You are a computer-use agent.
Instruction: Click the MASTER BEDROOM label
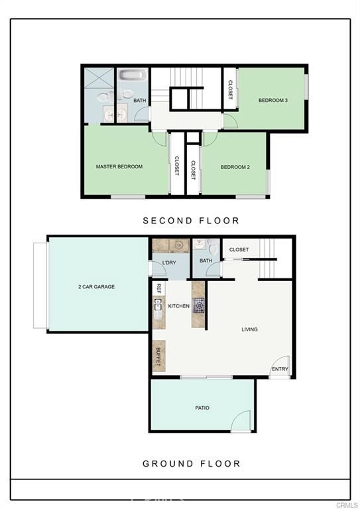point(119,166)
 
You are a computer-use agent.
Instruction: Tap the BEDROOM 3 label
point(273,100)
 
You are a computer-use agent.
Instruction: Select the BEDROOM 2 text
point(235,167)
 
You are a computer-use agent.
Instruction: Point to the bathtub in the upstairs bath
point(133,75)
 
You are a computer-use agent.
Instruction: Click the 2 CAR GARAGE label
point(96,286)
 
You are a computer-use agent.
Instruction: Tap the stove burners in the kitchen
point(199,306)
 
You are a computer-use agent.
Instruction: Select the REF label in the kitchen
point(158,288)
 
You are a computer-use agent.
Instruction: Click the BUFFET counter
point(158,356)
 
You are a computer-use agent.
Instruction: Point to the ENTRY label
point(280,369)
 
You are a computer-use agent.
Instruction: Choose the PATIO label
point(202,408)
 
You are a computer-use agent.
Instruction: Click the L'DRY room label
point(169,262)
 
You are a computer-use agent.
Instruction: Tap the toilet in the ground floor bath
point(213,248)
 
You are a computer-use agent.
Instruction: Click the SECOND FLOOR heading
point(191,221)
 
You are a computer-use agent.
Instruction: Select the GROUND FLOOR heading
point(192,463)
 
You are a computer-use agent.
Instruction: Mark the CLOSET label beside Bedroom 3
point(230,89)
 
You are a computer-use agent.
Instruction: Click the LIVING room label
point(250,329)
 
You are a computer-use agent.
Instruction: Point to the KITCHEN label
point(179,306)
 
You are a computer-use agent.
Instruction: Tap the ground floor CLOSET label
point(239,250)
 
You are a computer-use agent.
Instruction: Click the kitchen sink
point(158,305)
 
